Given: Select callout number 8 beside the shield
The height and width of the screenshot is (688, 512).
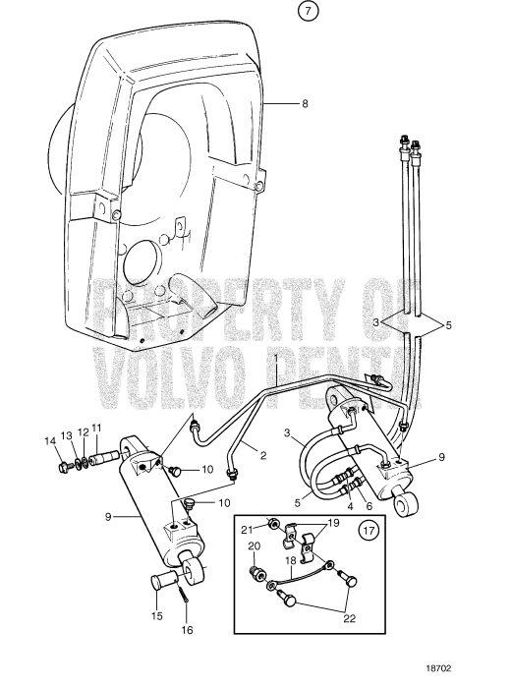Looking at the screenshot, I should [304, 102].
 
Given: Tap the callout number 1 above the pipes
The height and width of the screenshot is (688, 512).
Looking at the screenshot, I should [277, 357].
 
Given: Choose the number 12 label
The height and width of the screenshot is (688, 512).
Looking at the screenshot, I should [83, 431].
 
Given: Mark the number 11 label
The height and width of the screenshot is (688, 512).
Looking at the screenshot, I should [96, 428].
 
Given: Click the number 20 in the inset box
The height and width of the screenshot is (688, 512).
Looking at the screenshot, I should [254, 545].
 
